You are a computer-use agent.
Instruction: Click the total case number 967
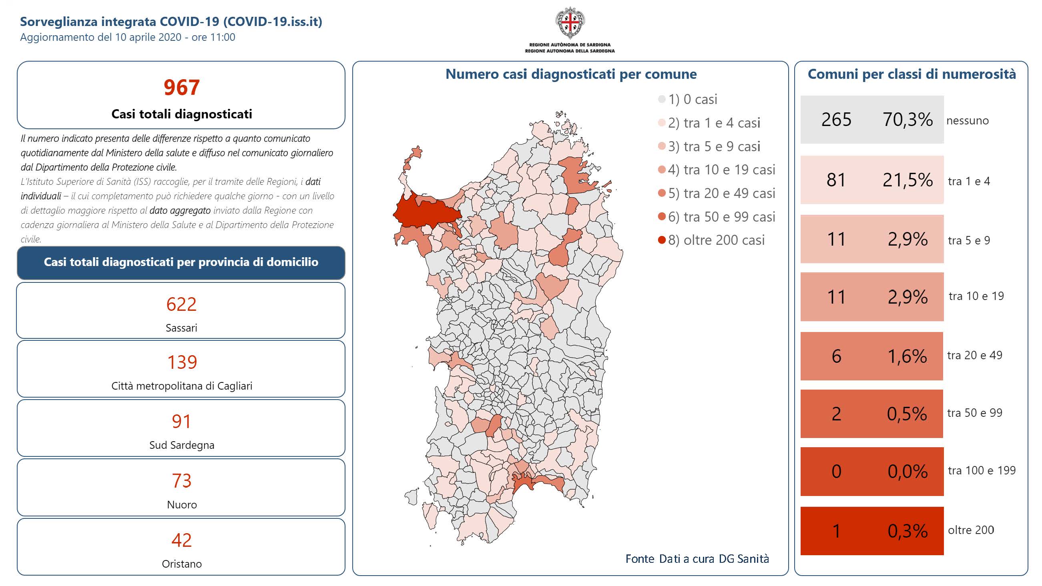click(182, 87)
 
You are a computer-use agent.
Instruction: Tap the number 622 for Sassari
click(181, 304)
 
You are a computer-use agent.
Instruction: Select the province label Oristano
click(182, 564)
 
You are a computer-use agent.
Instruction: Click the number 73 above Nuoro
click(181, 481)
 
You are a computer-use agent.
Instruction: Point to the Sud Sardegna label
click(182, 445)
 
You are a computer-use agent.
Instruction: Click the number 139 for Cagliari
click(182, 362)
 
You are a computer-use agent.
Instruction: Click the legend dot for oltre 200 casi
click(662, 240)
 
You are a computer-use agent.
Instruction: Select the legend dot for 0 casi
click(662, 99)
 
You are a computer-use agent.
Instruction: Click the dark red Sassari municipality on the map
click(425, 211)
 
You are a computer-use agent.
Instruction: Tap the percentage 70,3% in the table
click(907, 120)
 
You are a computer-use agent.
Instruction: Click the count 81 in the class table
click(836, 180)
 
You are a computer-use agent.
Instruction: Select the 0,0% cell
click(907, 472)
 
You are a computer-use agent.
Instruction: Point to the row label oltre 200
click(971, 530)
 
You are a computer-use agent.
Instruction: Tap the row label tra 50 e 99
click(974, 413)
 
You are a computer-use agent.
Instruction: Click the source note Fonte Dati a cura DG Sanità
click(697, 558)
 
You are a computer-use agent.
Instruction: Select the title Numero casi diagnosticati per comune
click(571, 74)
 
